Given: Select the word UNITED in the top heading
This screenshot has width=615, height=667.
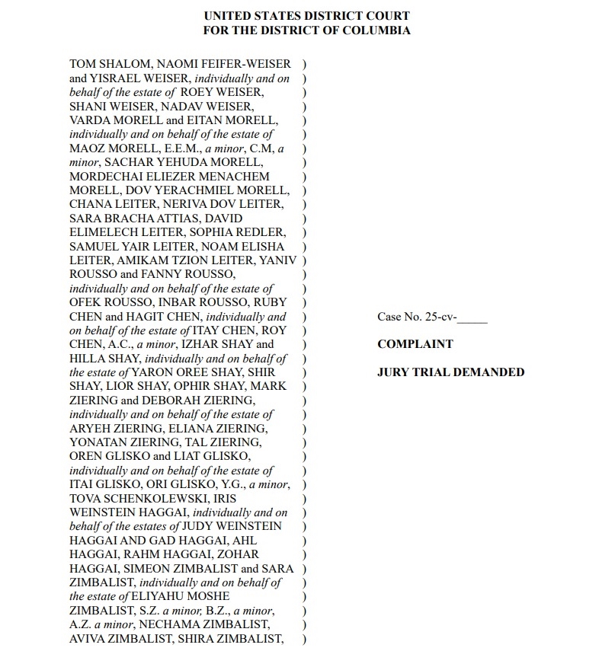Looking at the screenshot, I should tap(227, 16).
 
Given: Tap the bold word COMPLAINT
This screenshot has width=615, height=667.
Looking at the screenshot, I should tap(415, 344).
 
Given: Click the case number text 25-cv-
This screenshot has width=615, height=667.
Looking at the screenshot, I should tap(440, 317).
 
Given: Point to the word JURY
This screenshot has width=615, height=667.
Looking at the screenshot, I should tap(393, 372).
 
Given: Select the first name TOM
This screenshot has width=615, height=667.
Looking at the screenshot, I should tap(82, 64).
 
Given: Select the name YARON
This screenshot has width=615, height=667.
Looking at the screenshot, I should tap(152, 372).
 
